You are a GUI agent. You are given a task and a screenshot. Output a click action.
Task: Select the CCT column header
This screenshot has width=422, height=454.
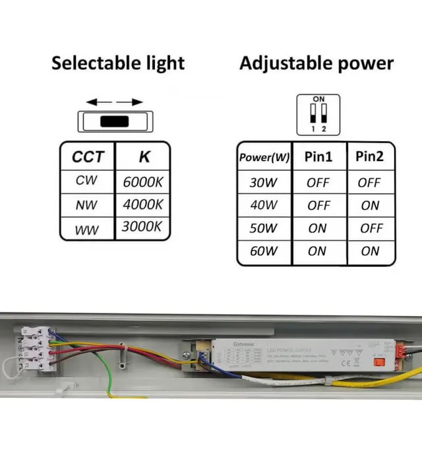pos(87,157)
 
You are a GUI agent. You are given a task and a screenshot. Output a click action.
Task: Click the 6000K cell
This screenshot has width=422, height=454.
pos(142,182)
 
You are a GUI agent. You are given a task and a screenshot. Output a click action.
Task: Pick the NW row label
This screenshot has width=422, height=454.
pos(86,205)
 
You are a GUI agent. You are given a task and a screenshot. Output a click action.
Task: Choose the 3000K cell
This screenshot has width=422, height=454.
pos(142,228)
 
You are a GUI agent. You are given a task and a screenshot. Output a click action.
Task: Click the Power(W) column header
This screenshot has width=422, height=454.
pos(264,158)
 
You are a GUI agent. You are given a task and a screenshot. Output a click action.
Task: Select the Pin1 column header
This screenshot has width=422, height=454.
pos(318,157)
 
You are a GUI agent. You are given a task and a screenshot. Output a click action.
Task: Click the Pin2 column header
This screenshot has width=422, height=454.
pos(370,157)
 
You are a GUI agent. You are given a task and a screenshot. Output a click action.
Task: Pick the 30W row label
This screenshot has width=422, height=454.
pos(264,183)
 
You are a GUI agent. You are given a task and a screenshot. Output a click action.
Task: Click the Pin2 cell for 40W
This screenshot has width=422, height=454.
pos(370,205)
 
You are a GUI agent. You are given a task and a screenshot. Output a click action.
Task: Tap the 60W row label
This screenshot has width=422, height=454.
pos(264,251)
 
